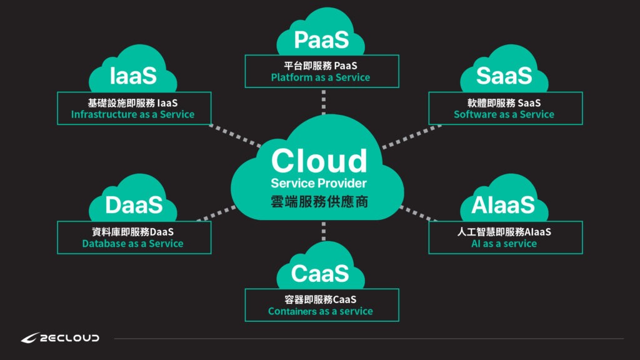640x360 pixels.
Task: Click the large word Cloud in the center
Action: (x=319, y=161)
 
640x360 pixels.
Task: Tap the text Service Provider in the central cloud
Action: (x=319, y=183)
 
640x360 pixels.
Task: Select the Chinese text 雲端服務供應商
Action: (x=319, y=203)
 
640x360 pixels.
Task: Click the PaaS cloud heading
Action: (x=321, y=41)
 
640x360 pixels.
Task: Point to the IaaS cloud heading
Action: (x=133, y=76)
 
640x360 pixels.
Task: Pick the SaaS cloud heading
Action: (x=504, y=76)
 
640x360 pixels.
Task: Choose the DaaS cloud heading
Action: (x=134, y=205)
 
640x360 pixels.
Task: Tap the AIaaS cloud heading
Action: (x=504, y=205)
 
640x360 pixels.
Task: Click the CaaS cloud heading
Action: (x=319, y=273)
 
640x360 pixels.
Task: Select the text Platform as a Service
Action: (x=321, y=77)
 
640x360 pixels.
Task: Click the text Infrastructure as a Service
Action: (x=132, y=114)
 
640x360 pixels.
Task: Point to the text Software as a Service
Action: (x=504, y=114)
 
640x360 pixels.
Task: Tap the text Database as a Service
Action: (x=132, y=244)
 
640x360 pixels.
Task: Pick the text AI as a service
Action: (x=504, y=244)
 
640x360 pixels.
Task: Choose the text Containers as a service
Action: (x=321, y=311)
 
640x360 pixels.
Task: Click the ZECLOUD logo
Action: (x=60, y=338)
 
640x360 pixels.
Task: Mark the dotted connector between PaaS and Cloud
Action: (x=324, y=102)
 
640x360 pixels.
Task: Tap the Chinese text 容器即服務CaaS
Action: (x=321, y=299)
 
